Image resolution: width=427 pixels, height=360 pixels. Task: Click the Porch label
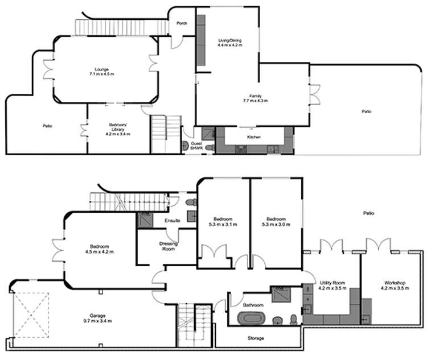[182, 23]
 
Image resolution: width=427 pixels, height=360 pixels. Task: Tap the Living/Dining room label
[231, 43]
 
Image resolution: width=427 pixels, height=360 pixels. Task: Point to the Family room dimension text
[254, 101]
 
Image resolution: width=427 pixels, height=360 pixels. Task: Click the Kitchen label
[254, 137]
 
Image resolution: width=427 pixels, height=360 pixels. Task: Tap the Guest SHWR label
[197, 146]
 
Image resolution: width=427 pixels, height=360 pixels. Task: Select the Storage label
[255, 338]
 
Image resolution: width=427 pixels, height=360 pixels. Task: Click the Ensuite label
[173, 220]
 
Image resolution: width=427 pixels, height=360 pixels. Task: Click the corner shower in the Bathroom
[281, 295]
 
